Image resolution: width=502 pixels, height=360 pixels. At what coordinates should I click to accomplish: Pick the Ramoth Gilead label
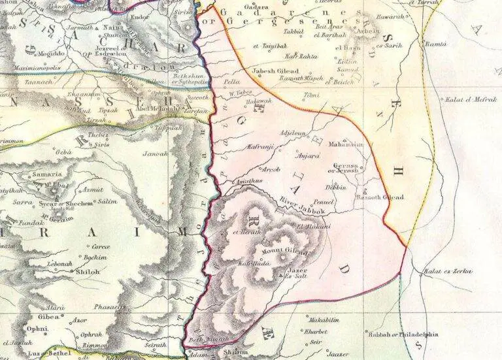tap(381, 197)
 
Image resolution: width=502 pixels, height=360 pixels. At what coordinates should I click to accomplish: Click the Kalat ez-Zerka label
tap(448, 270)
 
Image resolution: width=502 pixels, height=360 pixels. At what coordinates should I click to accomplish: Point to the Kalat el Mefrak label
tap(467, 99)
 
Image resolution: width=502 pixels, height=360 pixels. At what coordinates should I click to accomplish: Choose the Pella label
tap(232, 83)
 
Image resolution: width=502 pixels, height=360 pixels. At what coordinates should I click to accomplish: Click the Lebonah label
tap(58, 264)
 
